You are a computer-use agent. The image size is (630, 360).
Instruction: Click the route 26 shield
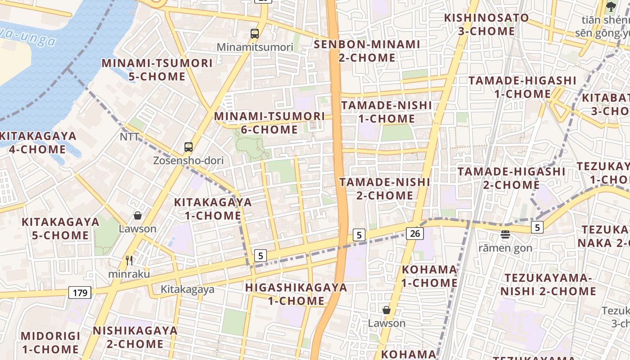tap(415, 233)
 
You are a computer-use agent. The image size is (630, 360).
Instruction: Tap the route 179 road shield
tap(80, 292)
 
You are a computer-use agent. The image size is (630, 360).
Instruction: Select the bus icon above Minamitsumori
tap(255, 33)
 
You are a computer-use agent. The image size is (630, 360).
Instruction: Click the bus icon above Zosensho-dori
tap(189, 147)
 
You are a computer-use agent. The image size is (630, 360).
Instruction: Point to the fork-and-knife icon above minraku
tap(129, 260)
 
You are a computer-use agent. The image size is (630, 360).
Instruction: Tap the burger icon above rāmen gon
tap(505, 234)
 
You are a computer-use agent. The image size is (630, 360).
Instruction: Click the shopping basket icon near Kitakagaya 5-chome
tap(138, 216)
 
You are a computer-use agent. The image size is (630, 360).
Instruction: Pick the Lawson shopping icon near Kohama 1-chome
tap(387, 310)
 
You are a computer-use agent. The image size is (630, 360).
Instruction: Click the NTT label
tap(129, 136)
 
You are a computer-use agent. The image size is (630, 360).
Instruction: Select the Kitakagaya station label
tap(188, 289)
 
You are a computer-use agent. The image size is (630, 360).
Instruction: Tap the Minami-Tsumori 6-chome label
tap(269, 123)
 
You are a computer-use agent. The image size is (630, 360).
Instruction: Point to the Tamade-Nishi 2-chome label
tap(385, 189)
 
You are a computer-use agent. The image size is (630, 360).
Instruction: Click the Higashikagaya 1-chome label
tap(296, 294)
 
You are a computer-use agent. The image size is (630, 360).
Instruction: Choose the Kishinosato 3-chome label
tap(486, 24)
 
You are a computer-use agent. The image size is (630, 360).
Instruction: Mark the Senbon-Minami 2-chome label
tap(367, 51)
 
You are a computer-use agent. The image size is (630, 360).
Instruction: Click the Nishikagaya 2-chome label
tap(135, 337)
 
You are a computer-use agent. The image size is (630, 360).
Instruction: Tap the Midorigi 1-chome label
tap(50, 342)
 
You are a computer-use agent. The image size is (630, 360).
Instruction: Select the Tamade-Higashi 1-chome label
tap(522, 87)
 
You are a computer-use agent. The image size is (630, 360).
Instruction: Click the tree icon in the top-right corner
tap(611, 6)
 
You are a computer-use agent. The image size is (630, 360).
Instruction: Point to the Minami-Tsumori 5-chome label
tap(157, 70)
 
